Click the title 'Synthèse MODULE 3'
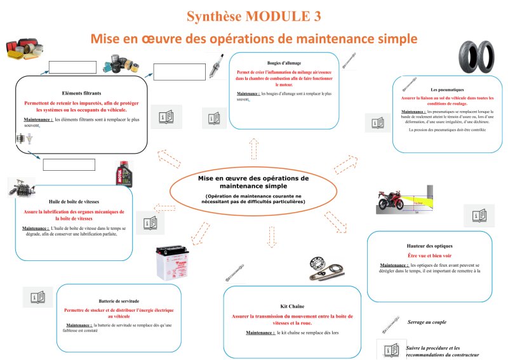tap(254, 15)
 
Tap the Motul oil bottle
tap(123, 173)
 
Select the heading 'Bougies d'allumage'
tap(284, 63)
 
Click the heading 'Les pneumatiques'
tap(443, 90)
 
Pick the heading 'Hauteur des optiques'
tap(430, 245)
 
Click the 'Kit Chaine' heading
tap(292, 306)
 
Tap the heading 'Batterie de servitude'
tap(119, 300)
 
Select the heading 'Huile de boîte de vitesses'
tap(75, 201)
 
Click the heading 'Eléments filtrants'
tap(81, 93)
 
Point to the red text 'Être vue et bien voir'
tap(429, 255)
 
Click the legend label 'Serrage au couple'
tap(427, 323)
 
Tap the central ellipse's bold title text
tap(253, 182)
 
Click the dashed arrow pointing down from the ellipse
tap(272, 236)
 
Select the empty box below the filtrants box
tap(69, 164)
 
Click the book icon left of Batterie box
tap(37, 297)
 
